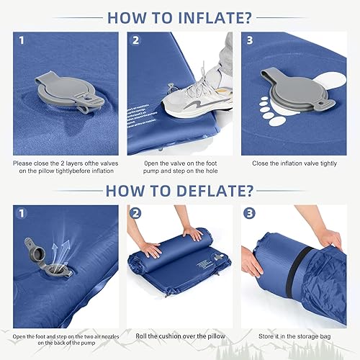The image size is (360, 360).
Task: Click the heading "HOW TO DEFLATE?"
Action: (180, 191)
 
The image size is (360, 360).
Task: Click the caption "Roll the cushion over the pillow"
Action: (180, 336)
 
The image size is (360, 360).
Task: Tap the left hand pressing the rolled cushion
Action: (148, 248)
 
